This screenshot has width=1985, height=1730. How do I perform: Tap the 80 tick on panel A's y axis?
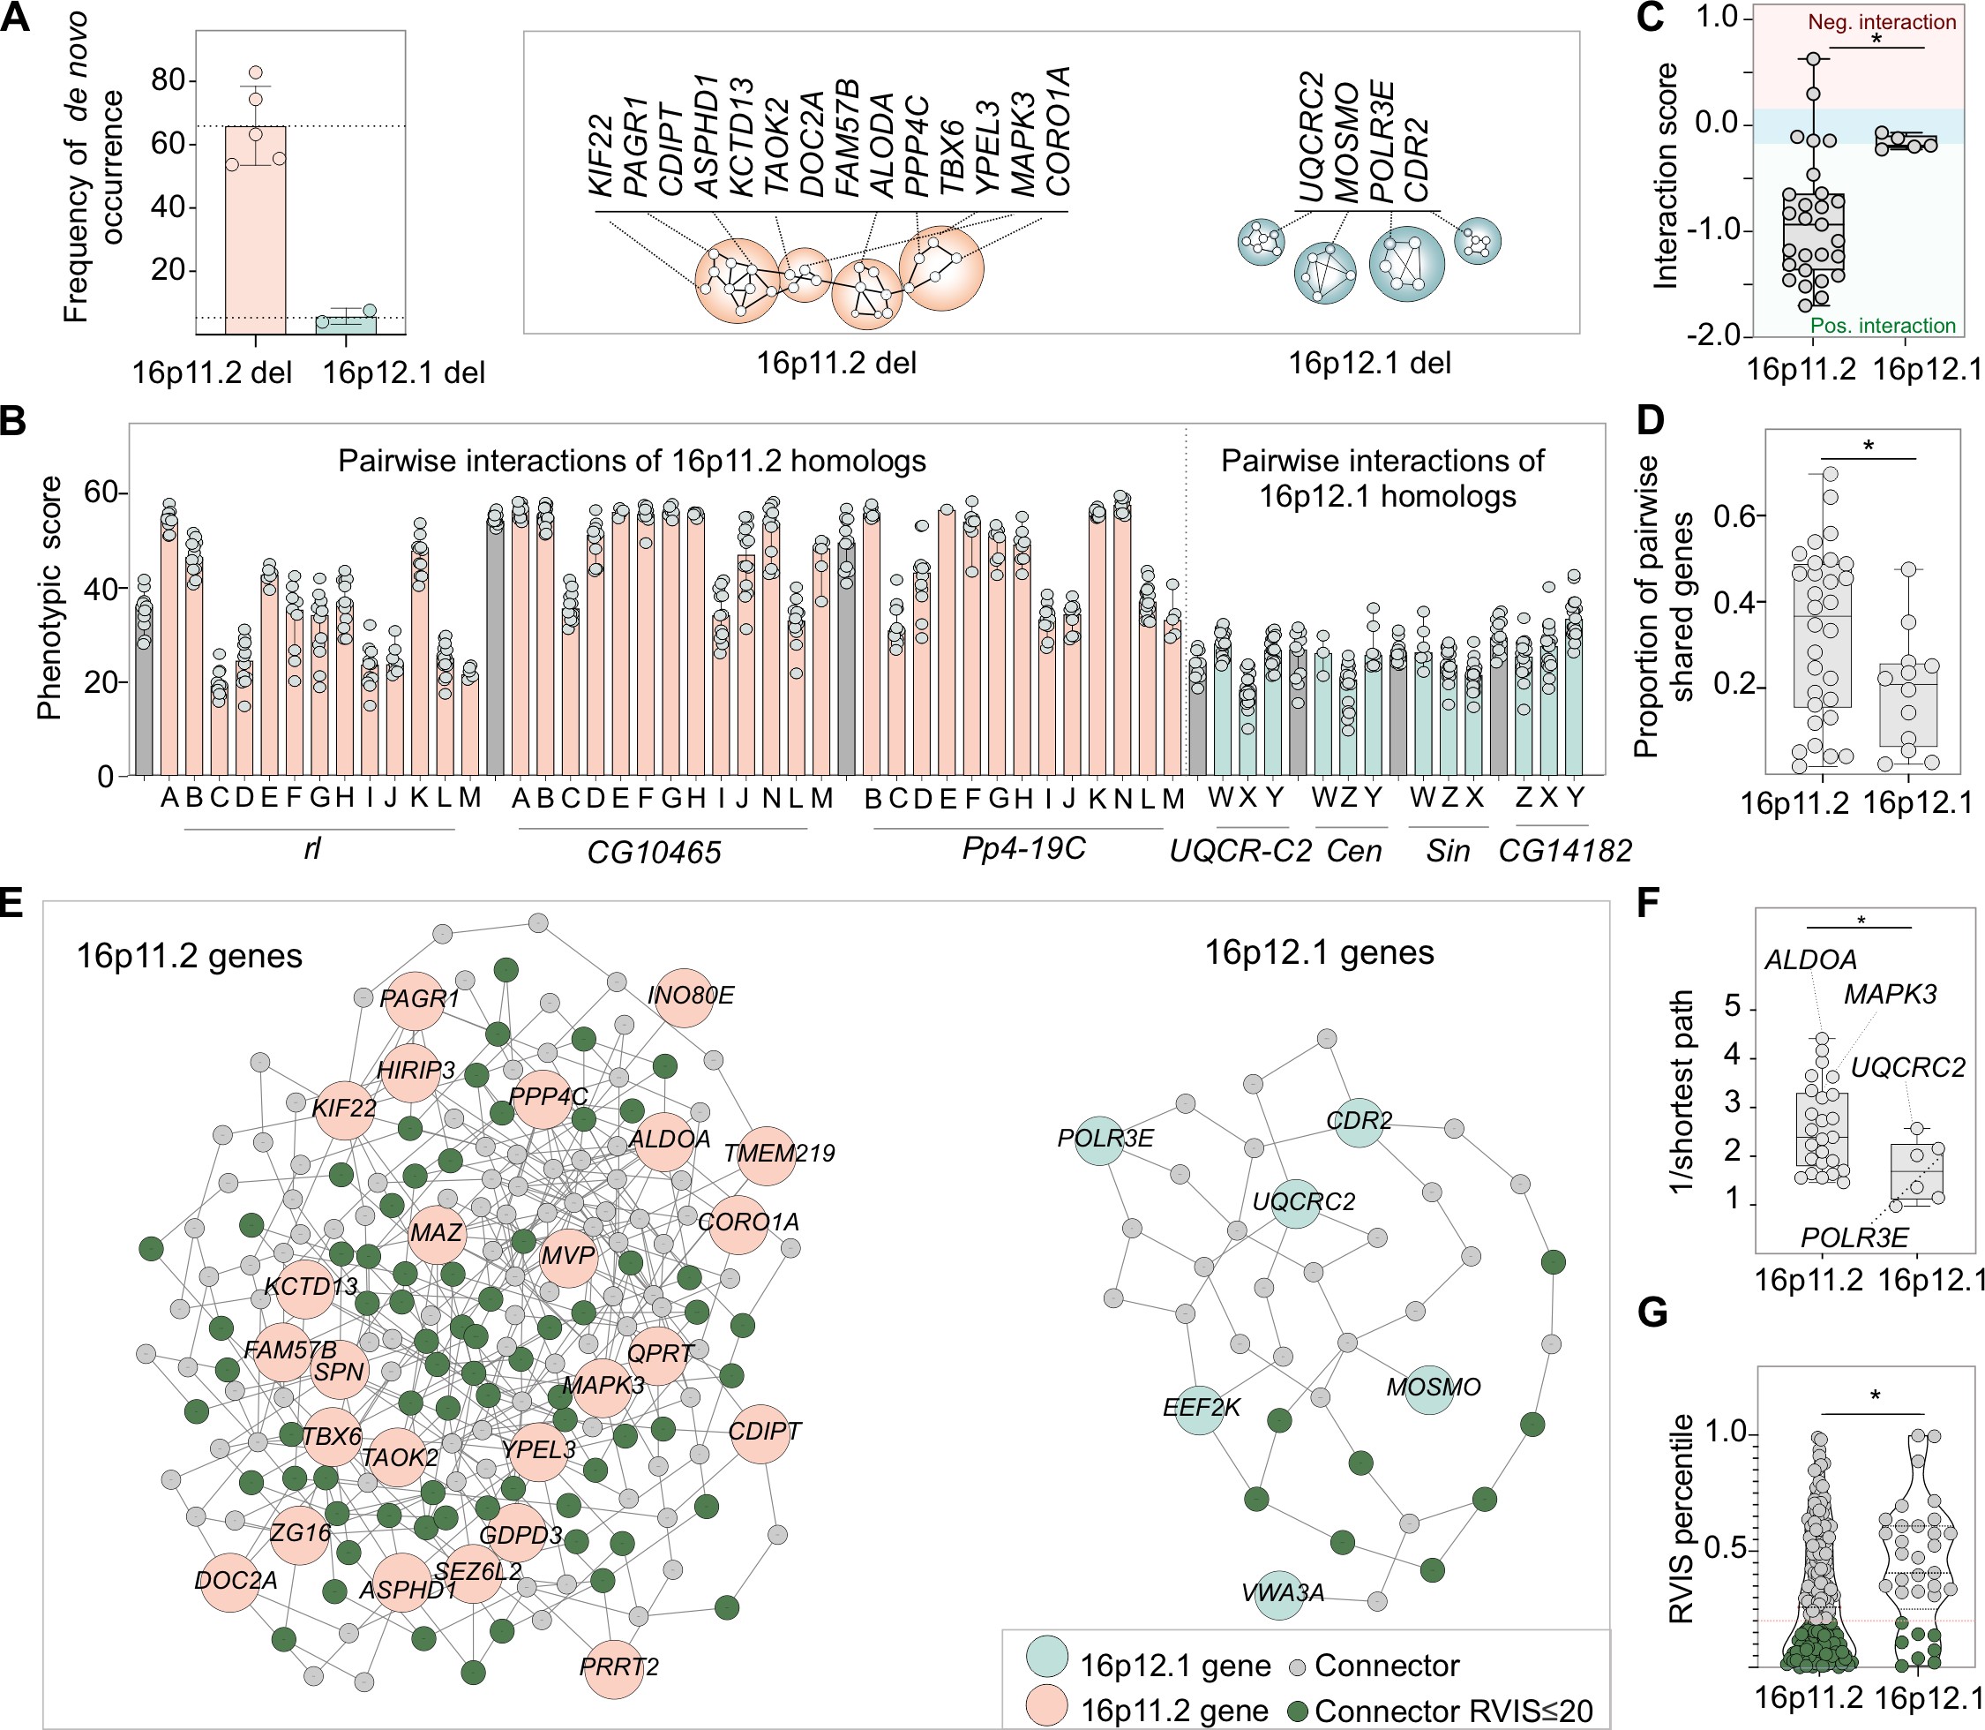click(168, 80)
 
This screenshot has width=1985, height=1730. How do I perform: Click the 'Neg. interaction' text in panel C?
click(1882, 22)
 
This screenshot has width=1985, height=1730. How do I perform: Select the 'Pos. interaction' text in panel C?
click(1882, 326)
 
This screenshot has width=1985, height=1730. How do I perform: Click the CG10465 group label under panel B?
click(655, 853)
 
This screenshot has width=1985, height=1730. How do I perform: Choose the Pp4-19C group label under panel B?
click(1024, 848)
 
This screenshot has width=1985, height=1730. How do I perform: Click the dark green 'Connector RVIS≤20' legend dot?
click(1298, 1710)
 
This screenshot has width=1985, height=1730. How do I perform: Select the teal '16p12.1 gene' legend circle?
click(1047, 1658)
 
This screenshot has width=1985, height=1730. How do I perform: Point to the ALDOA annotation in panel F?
click(1810, 959)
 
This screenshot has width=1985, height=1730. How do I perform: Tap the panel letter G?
click(1653, 1314)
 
